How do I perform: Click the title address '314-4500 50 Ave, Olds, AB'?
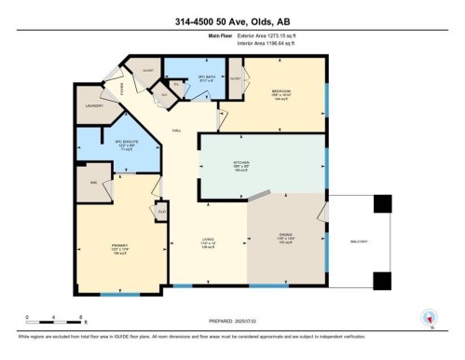point(232,22)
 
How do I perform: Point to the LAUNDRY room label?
point(91,105)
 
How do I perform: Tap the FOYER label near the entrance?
point(122,90)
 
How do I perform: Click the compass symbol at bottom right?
point(429,317)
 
